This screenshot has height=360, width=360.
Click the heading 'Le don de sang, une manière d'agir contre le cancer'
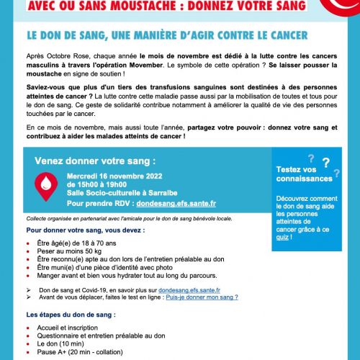(168, 35)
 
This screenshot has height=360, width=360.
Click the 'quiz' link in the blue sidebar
(284, 236)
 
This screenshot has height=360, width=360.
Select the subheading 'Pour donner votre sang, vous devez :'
(85, 230)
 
